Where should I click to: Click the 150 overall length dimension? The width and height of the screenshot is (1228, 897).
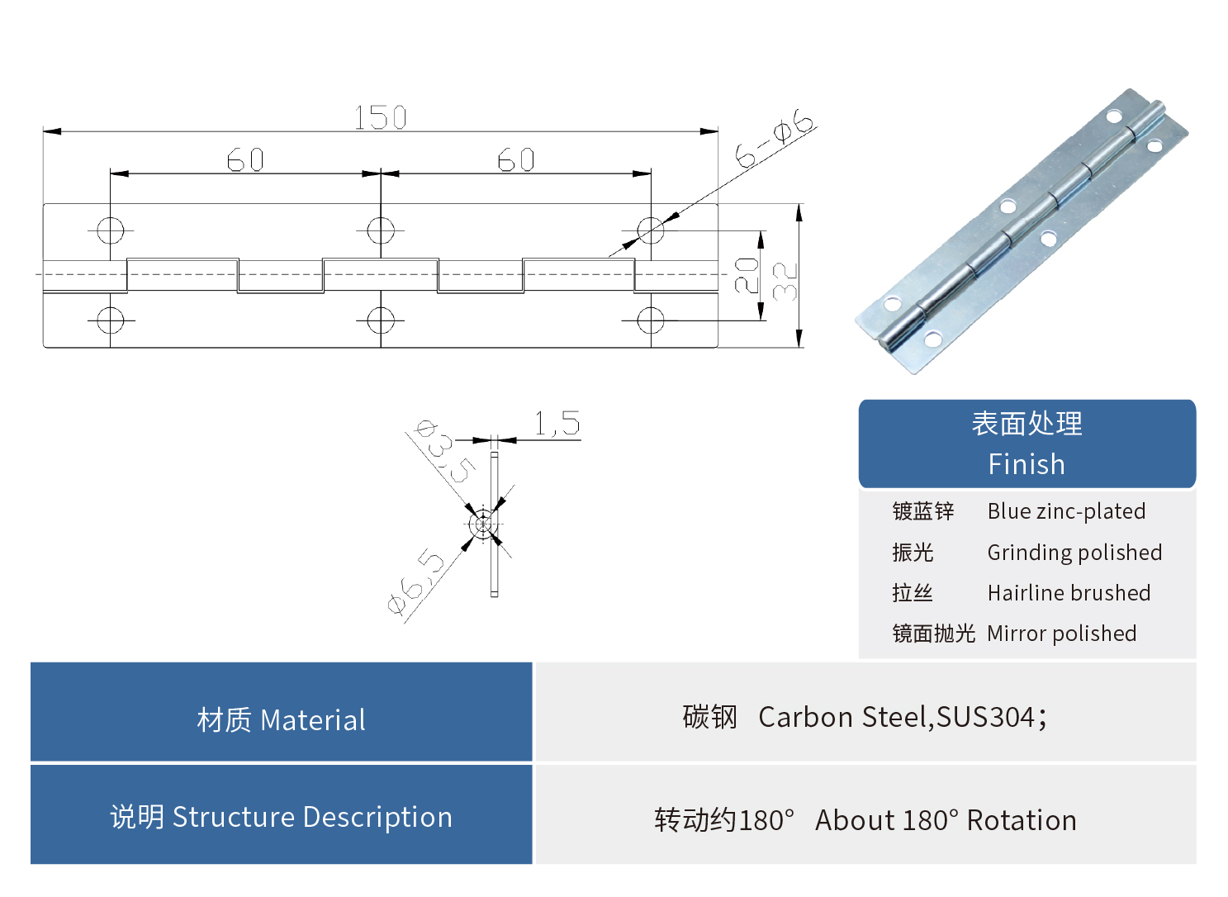pos(381,118)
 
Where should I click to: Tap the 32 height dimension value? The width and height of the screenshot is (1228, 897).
pos(785,281)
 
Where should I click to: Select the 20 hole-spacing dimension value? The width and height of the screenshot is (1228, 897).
pos(747,276)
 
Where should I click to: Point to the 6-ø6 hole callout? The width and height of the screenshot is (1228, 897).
pos(775,138)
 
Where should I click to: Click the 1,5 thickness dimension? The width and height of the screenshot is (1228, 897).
pos(557,425)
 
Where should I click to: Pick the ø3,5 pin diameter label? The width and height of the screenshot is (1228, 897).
pos(444,451)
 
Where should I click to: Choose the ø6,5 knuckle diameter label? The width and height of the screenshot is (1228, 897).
pos(416,581)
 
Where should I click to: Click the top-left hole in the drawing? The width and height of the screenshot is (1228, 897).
pos(111,230)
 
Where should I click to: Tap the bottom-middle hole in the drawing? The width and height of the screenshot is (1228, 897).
pos(381,320)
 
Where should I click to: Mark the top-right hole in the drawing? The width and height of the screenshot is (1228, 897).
pos(651,230)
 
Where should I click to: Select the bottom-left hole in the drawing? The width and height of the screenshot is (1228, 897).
pos(111,320)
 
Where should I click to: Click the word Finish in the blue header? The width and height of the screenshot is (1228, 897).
pos(1026,464)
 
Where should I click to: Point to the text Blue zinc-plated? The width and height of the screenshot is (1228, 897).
pos(1066,511)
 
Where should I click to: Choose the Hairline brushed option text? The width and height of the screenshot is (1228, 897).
pos(1069,593)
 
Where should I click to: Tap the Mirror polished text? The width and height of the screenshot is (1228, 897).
pos(1061,634)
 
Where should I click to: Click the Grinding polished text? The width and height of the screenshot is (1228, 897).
pos(1074,553)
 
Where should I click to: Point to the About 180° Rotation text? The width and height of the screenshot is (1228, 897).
pos(946,820)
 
